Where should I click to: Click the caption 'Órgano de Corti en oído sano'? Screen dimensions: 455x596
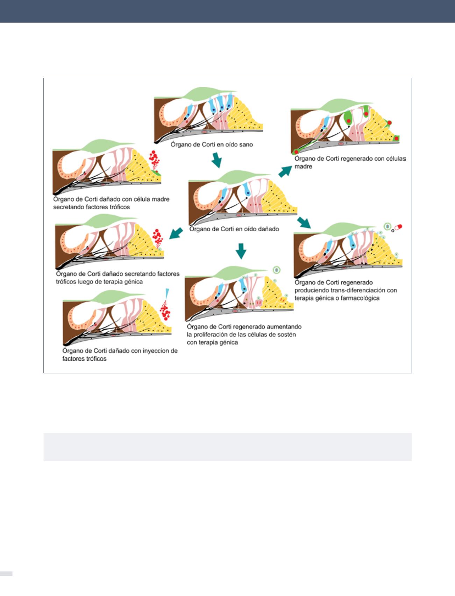tap(212, 144)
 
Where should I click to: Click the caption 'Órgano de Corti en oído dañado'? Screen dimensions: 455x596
tap(234, 229)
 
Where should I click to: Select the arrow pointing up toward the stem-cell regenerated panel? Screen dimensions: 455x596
tap(285, 171)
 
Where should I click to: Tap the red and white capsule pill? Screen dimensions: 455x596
tap(398, 227)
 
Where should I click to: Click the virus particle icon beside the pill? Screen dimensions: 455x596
tap(387, 227)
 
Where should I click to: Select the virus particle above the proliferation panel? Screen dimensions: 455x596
tap(276, 270)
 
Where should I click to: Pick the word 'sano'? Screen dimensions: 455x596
tap(246, 144)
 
